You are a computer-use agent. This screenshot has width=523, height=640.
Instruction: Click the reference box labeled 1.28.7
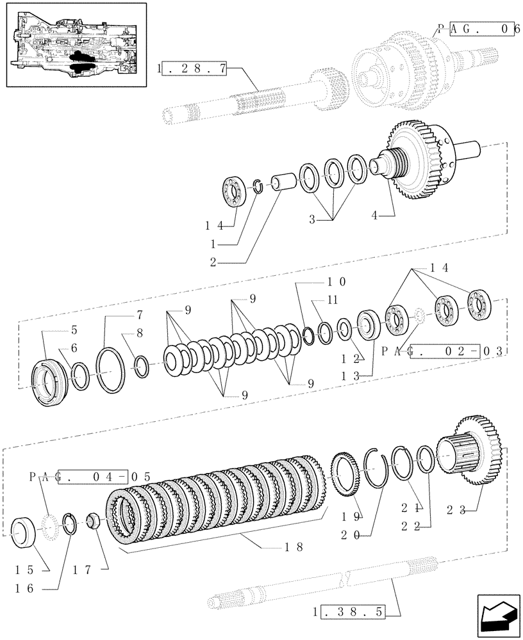tap(193, 69)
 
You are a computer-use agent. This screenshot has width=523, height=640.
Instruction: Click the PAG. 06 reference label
tap(477, 29)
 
